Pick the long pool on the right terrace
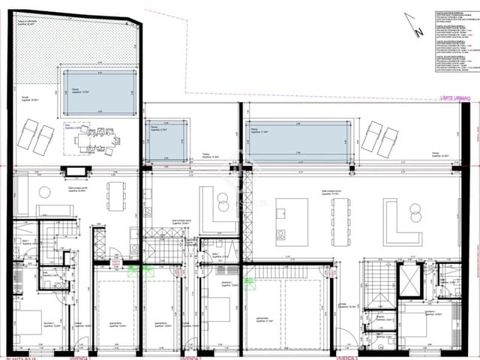[x=298, y=142]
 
